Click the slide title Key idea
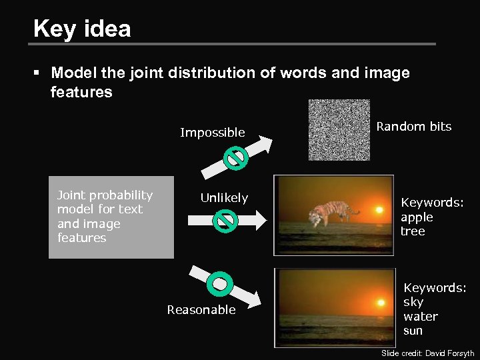pyautogui.click(x=82, y=29)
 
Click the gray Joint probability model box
pyautogui.click(x=111, y=217)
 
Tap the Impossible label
pyautogui.click(x=213, y=133)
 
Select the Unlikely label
pyautogui.click(x=224, y=198)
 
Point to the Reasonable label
pyautogui.click(x=201, y=309)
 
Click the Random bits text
pyautogui.click(x=413, y=127)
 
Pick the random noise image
pyautogui.click(x=339, y=130)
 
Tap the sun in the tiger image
pyautogui.click(x=379, y=209)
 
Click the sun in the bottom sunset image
pyautogui.click(x=381, y=302)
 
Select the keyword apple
pyautogui.click(x=417, y=217)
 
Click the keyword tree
pyautogui.click(x=413, y=231)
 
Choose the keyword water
pyautogui.click(x=421, y=316)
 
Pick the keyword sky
pyautogui.click(x=413, y=302)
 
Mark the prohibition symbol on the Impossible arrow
pyautogui.click(x=236, y=157)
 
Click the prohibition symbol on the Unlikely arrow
pyautogui.click(x=226, y=220)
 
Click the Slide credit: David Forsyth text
pyautogui.click(x=427, y=353)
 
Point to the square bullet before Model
pyautogui.click(x=41, y=73)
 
